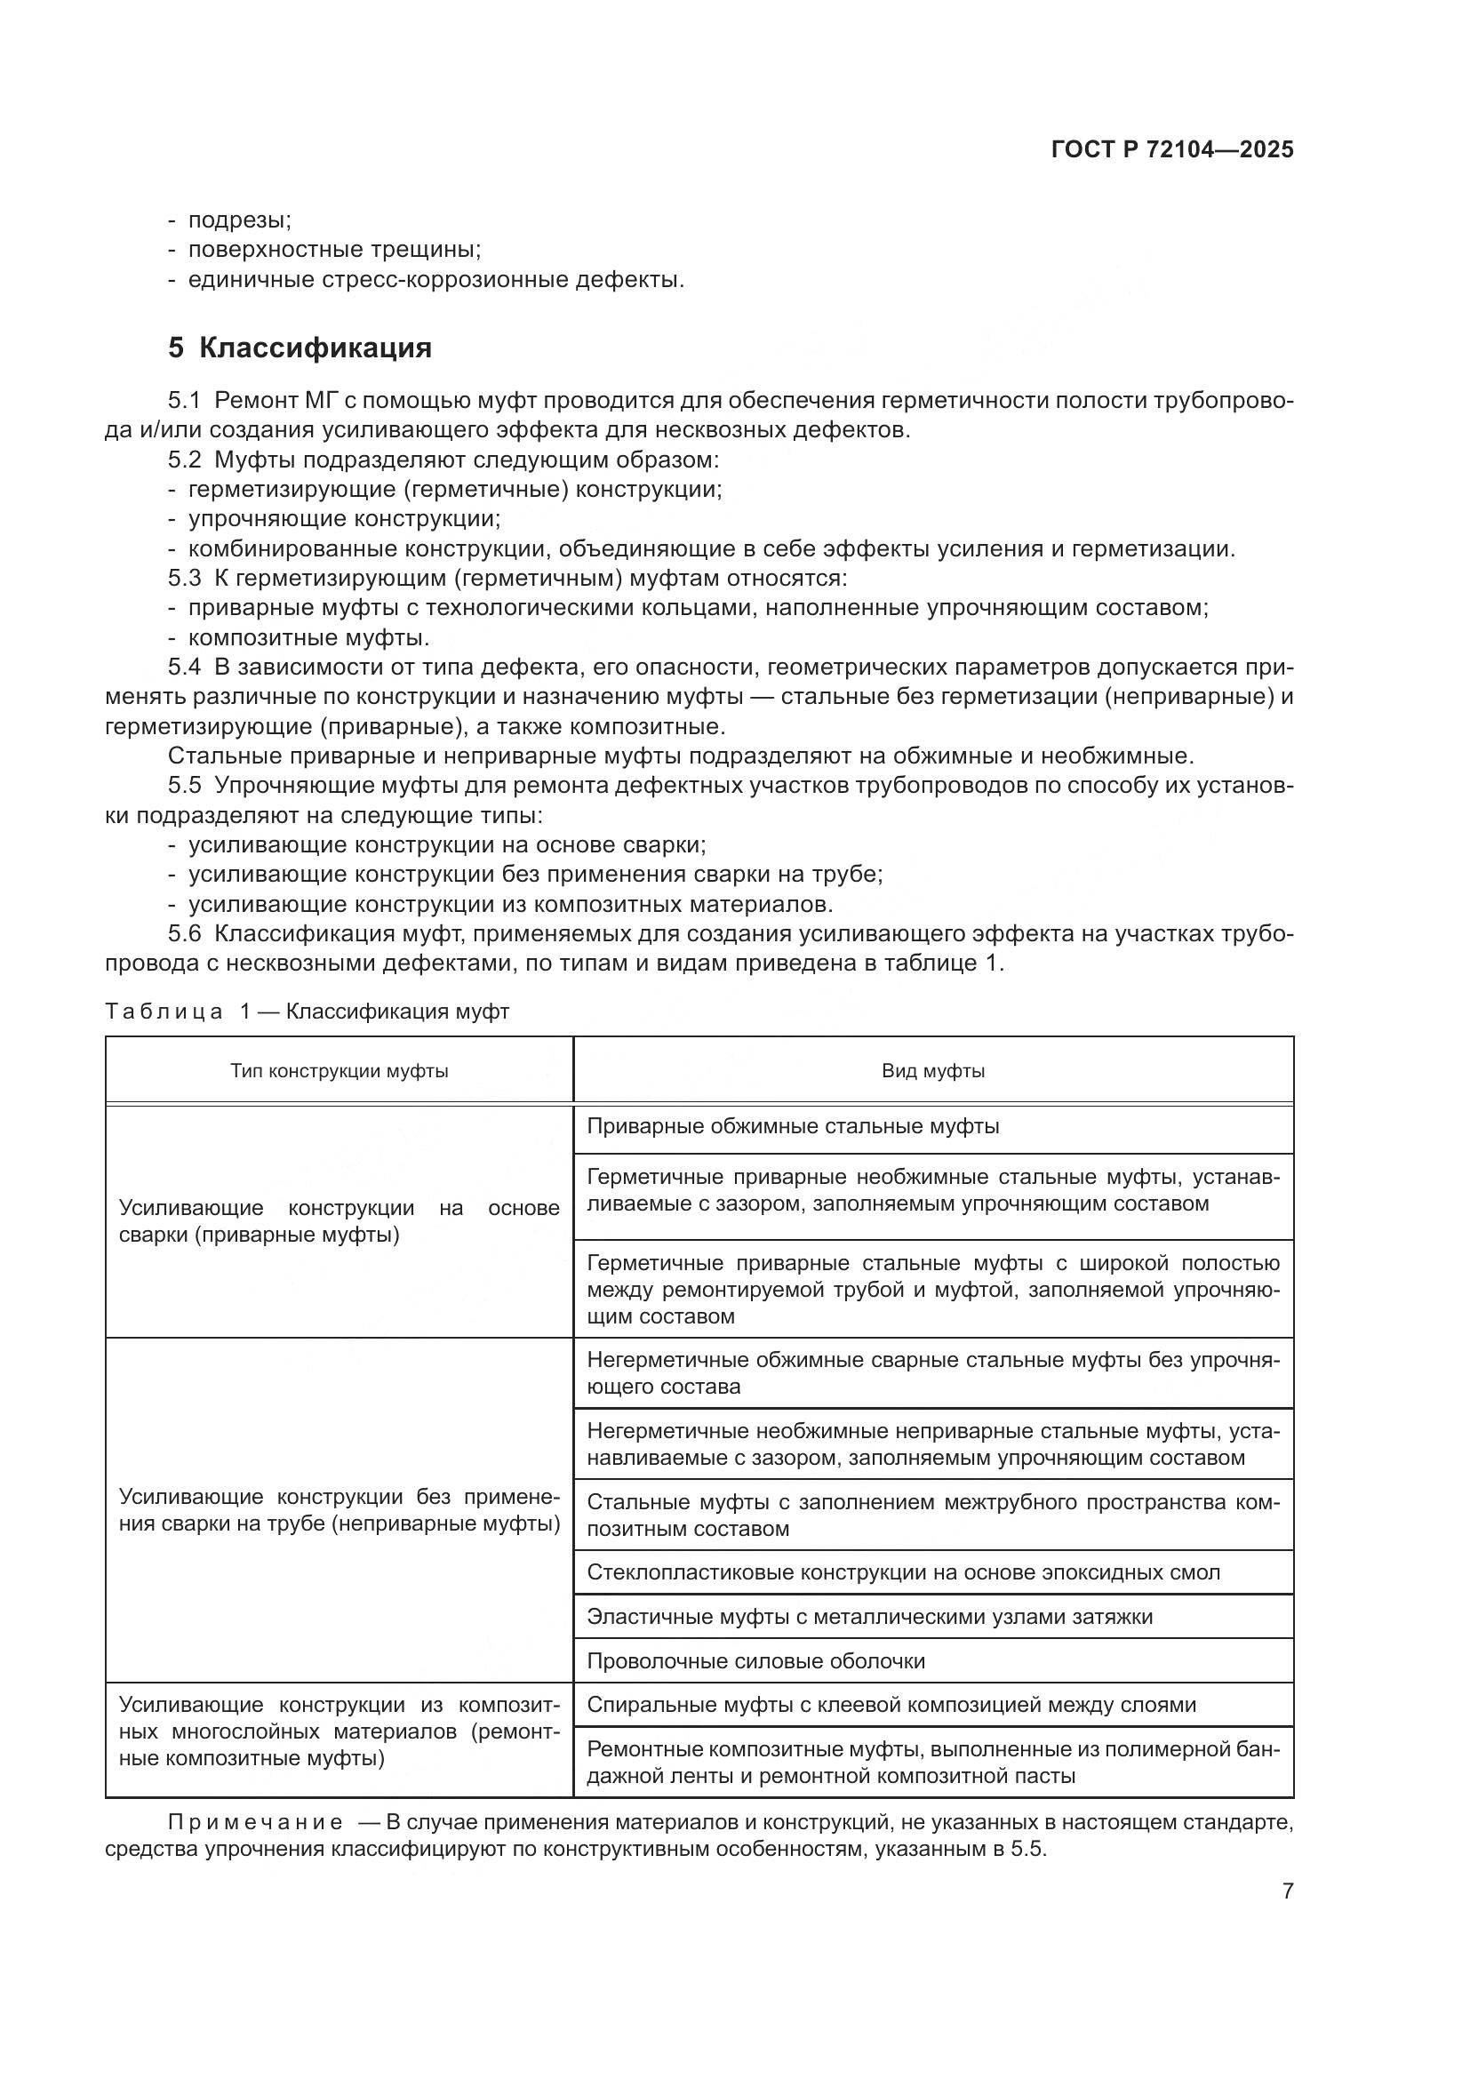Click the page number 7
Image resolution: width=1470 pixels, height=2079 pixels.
pyautogui.click(x=1287, y=1891)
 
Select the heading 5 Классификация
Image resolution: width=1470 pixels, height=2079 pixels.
pyautogui.click(x=300, y=348)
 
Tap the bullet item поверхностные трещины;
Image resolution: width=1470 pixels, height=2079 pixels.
pyautogui.click(x=334, y=250)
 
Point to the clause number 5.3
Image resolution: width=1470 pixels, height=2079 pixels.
pyautogui.click(x=185, y=578)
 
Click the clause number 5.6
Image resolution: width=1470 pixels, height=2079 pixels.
pyautogui.click(x=185, y=933)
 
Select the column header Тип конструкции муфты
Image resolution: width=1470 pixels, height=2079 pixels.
pyautogui.click(x=340, y=1071)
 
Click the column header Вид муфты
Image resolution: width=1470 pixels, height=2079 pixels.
pyautogui.click(x=933, y=1071)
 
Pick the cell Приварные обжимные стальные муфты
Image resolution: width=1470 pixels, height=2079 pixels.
pyautogui.click(x=793, y=1126)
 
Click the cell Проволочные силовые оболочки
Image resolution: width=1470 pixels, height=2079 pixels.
pyautogui.click(x=755, y=1660)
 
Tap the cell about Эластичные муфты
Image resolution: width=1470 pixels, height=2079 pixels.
pyautogui.click(x=869, y=1616)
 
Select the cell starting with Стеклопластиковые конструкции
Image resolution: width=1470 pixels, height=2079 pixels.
pyautogui.click(x=902, y=1572)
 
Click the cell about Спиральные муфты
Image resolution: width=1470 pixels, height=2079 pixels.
pyautogui.click(x=891, y=1705)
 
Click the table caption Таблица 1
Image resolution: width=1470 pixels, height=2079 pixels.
pyautogui.click(x=307, y=1012)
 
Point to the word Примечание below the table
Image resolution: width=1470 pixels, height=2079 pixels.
pyautogui.click(x=255, y=1822)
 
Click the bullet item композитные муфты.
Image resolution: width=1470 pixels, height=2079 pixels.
pyautogui.click(x=308, y=637)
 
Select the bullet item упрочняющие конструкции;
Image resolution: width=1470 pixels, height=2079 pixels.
pyautogui.click(x=344, y=519)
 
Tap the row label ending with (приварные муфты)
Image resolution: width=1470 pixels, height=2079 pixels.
pyautogui.click(x=340, y=1220)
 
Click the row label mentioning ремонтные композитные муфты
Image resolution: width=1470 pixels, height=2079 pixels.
pyautogui.click(x=340, y=1731)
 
